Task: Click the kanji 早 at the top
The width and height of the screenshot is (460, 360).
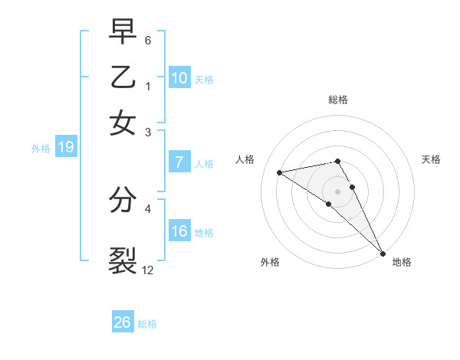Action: [123, 31]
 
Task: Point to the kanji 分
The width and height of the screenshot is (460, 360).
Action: [123, 199]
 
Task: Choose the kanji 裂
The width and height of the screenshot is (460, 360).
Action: [123, 260]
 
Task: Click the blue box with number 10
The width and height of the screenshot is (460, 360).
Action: [179, 78]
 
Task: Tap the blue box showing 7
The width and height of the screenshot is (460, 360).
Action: [179, 162]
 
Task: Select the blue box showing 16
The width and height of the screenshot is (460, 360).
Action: [179, 231]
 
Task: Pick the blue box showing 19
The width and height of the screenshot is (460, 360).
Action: [65, 148]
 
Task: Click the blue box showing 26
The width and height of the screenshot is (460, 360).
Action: [122, 322]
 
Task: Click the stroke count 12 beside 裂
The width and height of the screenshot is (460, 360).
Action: [147, 270]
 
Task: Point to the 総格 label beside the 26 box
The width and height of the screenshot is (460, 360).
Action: [147, 324]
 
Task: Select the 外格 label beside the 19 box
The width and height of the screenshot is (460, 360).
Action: [41, 149]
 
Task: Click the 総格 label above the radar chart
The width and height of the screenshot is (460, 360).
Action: [337, 100]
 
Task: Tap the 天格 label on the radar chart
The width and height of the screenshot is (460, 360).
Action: [431, 159]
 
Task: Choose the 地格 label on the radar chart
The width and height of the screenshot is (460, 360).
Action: [402, 262]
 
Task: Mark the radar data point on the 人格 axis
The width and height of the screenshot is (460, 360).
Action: [280, 172]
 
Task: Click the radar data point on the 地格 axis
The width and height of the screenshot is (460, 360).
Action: [382, 253]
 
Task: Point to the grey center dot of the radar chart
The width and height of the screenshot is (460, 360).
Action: [337, 191]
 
